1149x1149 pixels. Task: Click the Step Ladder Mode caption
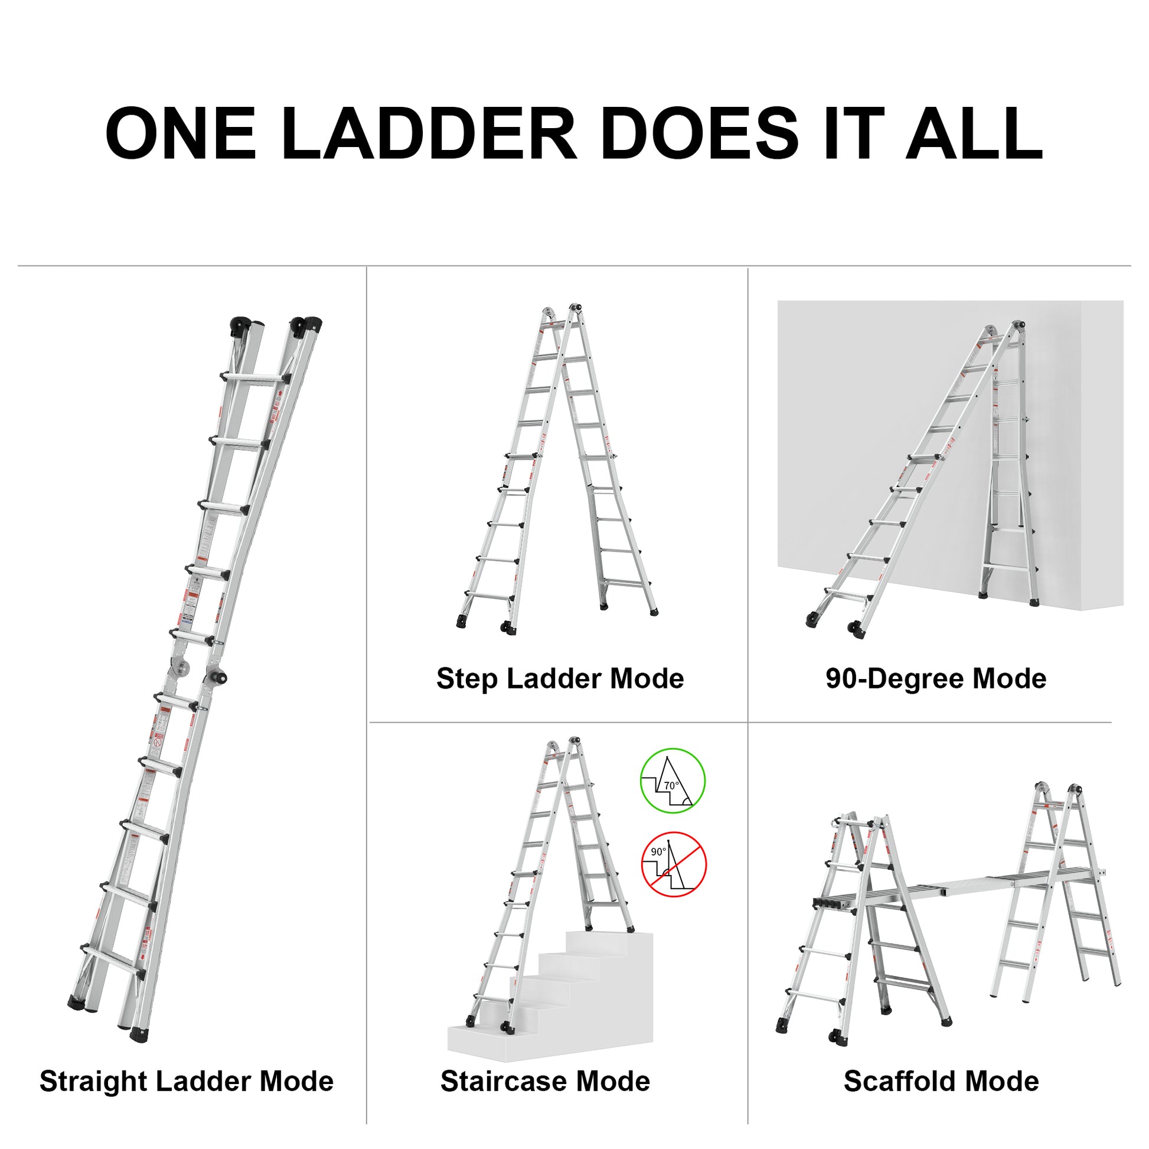[560, 678]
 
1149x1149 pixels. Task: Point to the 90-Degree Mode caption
[935, 678]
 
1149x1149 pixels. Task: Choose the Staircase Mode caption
[545, 1081]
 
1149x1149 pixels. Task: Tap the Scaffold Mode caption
[941, 1081]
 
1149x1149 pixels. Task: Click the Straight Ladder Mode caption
[186, 1081]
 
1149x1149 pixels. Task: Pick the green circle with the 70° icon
[672, 781]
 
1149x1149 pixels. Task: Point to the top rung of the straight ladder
[256, 377]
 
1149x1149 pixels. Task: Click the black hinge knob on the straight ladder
[218, 677]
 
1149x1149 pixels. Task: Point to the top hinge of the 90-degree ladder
[1018, 326]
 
